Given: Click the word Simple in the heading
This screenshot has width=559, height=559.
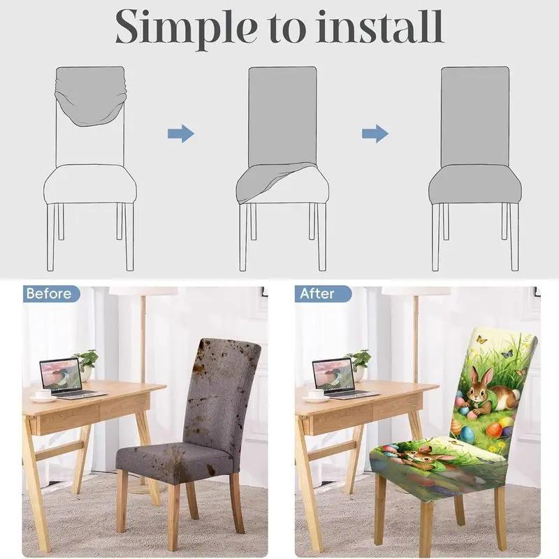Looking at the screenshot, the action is coord(186,28).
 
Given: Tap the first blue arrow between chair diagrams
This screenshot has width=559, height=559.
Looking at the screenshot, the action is coord(181,133).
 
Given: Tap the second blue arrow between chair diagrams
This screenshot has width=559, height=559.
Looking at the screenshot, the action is coord(375,133).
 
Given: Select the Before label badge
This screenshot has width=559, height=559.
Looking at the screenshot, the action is coord(51,293).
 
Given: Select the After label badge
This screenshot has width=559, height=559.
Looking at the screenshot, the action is coord(323,293).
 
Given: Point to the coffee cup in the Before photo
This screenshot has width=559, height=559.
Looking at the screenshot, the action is coord(43,395).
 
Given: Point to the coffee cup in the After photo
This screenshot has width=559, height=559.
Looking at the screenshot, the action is coord(316,395).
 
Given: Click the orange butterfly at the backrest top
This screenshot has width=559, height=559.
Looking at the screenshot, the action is coord(481,339).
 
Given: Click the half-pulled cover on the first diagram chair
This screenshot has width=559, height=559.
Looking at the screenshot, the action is coord(91,96).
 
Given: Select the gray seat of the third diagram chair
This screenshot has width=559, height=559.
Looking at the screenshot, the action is coord(475,184).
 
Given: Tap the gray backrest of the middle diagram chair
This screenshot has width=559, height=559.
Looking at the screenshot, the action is coord(282,117).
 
